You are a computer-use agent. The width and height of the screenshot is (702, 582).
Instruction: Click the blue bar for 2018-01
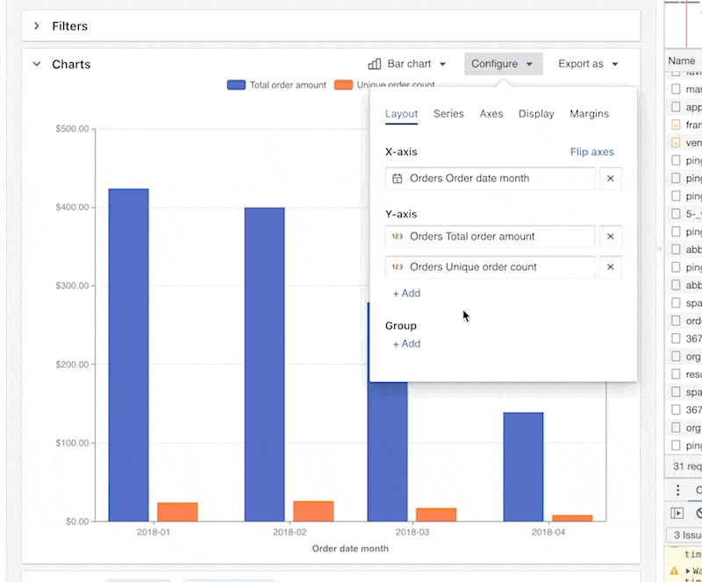[x=129, y=355]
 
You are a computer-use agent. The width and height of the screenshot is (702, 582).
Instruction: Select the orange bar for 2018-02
[x=313, y=511]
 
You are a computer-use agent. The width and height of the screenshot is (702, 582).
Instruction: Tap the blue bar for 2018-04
[x=524, y=466]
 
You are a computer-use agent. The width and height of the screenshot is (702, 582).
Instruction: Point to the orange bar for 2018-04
[x=572, y=518]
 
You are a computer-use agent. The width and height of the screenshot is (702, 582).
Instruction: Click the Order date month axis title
[x=350, y=549]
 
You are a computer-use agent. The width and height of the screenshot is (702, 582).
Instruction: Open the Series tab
[x=448, y=114]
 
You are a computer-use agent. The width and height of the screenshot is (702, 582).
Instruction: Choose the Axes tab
[x=491, y=114]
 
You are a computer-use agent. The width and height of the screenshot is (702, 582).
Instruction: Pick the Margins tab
[x=589, y=114]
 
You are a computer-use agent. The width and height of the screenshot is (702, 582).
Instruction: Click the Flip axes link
[x=592, y=152]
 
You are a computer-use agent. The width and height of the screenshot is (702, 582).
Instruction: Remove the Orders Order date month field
[x=611, y=178]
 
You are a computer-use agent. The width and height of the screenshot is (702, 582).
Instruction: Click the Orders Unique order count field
[x=490, y=266]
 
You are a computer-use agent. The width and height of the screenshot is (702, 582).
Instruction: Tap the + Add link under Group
[x=406, y=344]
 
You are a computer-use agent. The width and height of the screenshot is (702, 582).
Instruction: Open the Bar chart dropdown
[x=408, y=64]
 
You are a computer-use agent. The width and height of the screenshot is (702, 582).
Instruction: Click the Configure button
[x=503, y=64]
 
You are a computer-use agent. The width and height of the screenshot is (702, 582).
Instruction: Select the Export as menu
[x=588, y=64]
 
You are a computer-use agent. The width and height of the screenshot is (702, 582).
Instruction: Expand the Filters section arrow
[x=37, y=26]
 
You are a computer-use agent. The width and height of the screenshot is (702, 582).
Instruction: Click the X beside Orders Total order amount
[x=611, y=236]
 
